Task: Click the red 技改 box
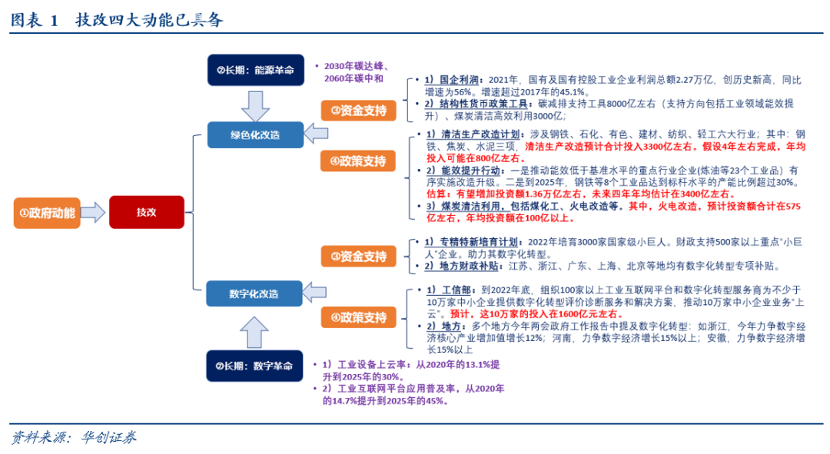point(147,212)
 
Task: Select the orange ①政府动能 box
point(47,213)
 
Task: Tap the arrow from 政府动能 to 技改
point(93,213)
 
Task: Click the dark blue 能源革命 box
point(255,70)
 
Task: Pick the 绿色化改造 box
point(255,135)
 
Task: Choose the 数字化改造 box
point(255,293)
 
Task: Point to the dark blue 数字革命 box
point(255,366)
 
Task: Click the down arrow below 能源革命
point(255,103)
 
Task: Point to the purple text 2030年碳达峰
point(358,66)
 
